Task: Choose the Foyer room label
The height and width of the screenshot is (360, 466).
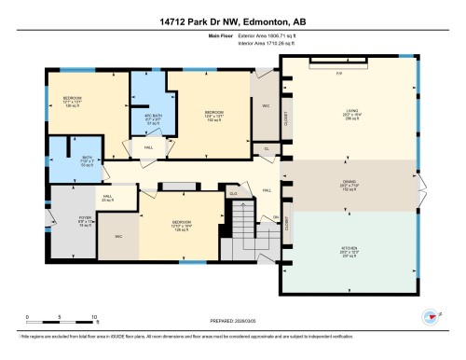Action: (71, 221)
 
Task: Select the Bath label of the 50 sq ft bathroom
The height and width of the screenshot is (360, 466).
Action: (72, 158)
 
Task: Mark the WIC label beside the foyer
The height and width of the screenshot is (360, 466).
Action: (118, 237)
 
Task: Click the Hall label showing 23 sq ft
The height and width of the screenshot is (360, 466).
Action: (107, 199)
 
